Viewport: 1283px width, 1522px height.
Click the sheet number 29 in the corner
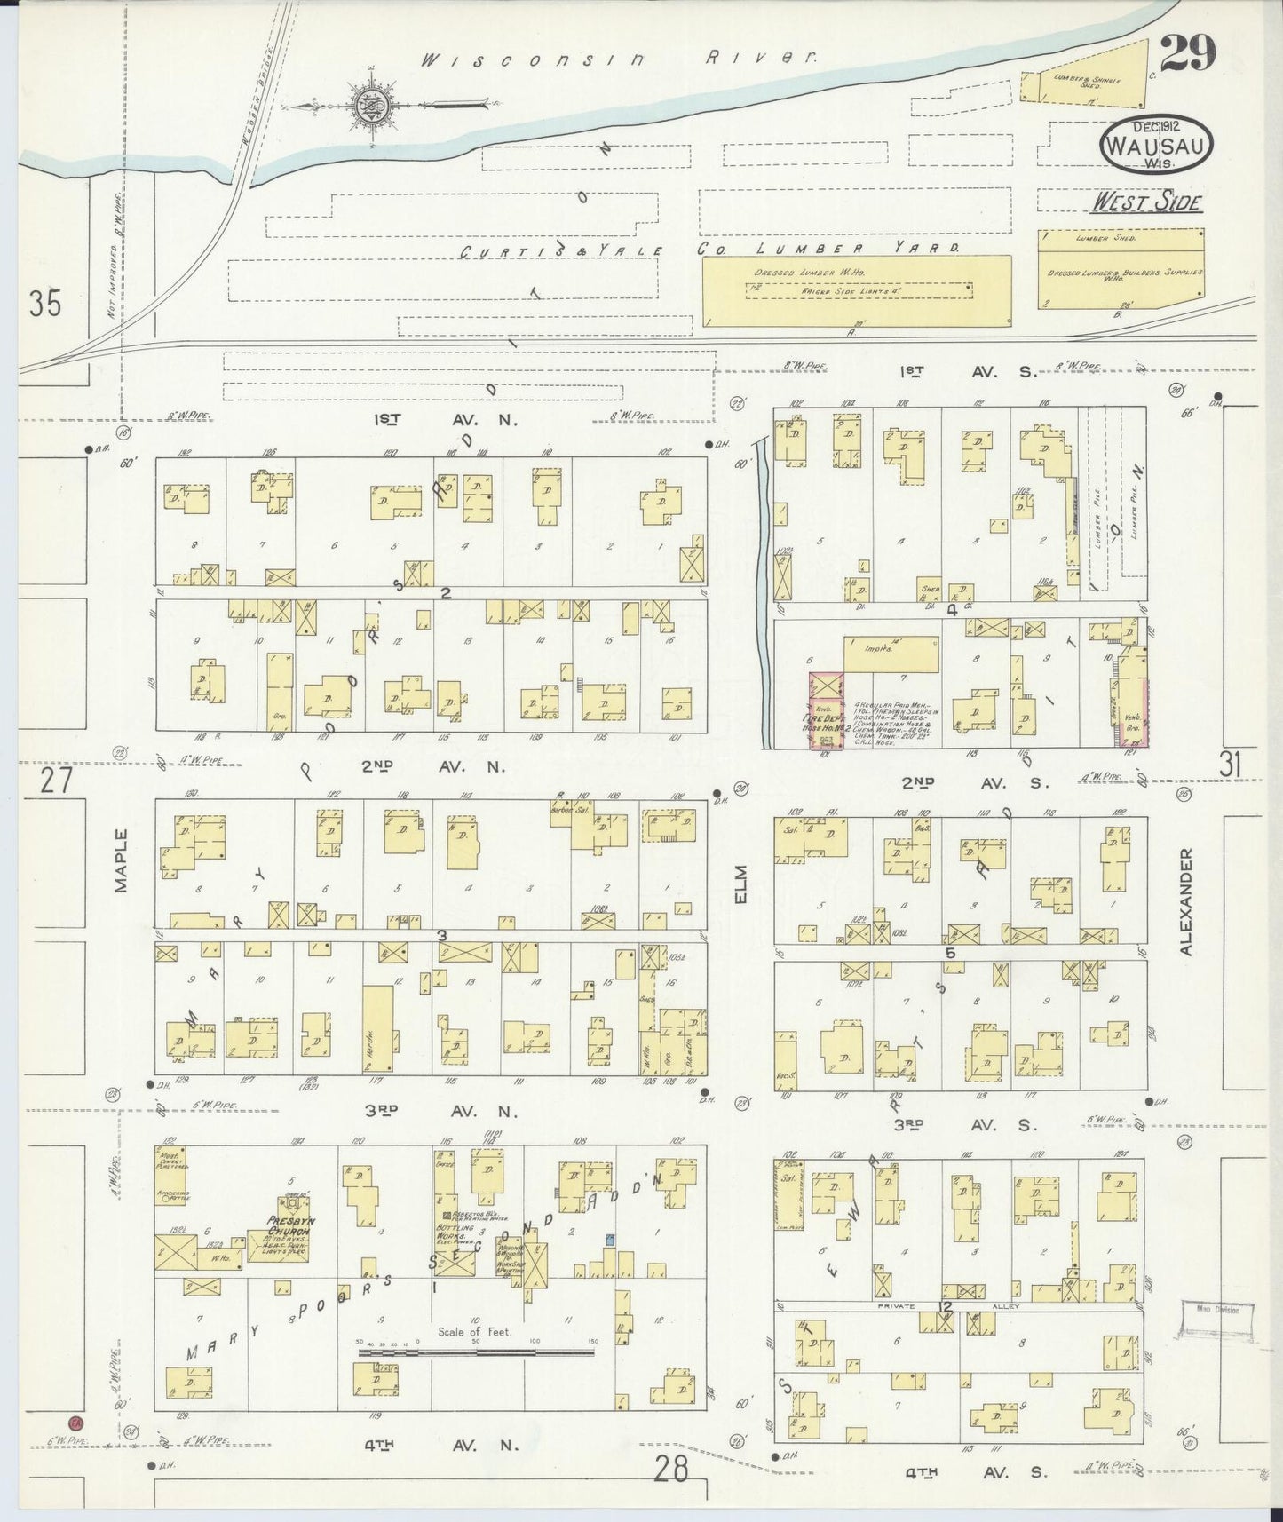point(1186,56)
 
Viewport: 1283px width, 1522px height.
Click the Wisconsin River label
point(618,59)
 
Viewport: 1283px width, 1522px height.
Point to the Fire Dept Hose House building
point(825,711)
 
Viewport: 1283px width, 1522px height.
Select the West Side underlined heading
point(1145,202)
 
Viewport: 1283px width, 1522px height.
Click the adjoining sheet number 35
point(45,305)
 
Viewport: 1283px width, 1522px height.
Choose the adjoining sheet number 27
point(55,782)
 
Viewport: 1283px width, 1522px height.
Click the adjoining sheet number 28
point(672,1470)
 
